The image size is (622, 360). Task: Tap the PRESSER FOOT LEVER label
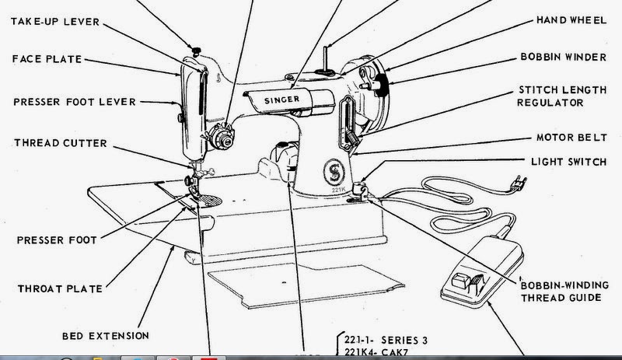click(x=75, y=101)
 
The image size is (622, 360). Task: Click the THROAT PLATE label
click(x=54, y=288)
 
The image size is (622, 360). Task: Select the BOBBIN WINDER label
click(x=562, y=58)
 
